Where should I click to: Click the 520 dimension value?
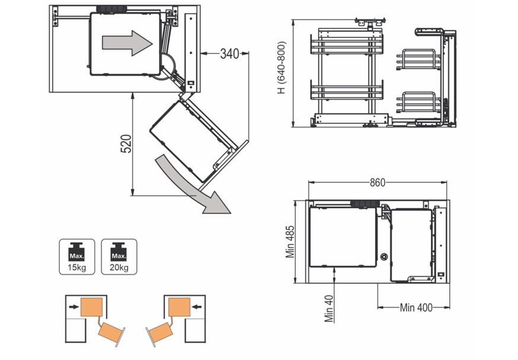[x=126, y=144]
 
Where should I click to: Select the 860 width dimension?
[x=378, y=182]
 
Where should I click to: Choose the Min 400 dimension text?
[x=415, y=307]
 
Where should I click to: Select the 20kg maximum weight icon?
[x=119, y=256]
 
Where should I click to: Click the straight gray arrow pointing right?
[x=127, y=43]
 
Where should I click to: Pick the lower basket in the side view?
[x=347, y=93]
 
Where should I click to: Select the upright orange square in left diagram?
[x=92, y=307]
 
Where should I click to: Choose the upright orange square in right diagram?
[x=178, y=307]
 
